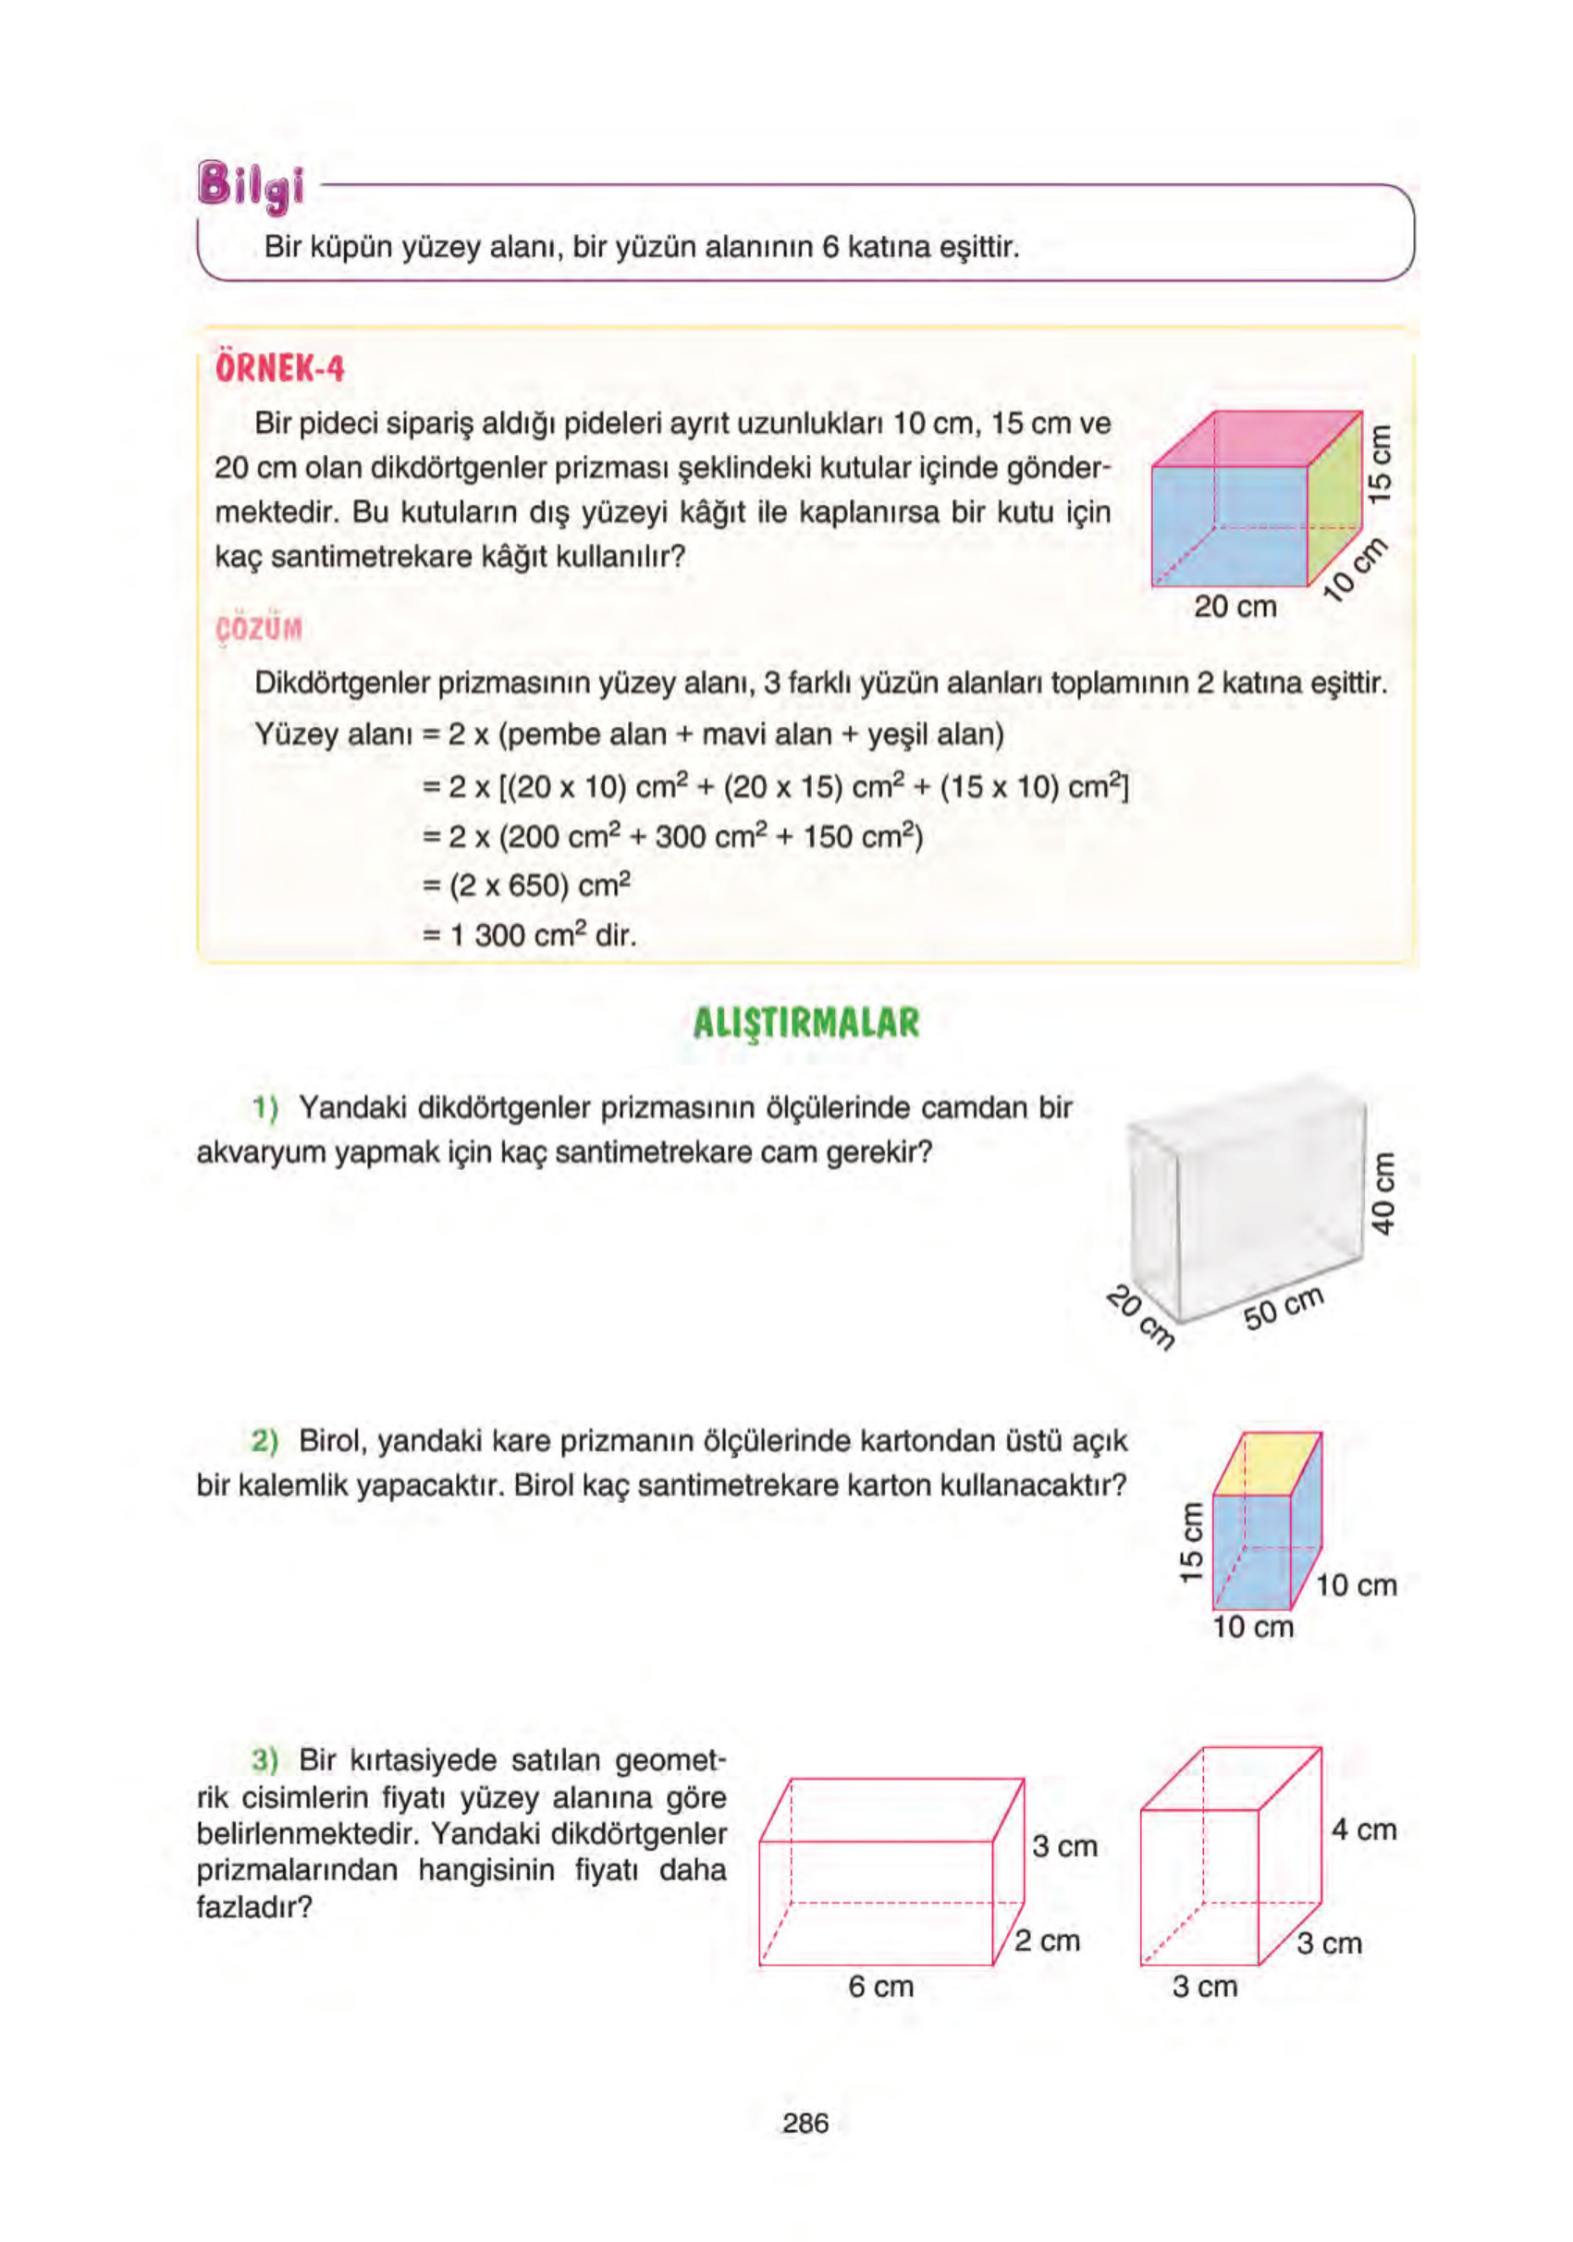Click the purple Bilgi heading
click(250, 187)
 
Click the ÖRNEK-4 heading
click(279, 369)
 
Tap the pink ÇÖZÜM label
click(258, 629)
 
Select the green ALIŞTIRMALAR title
click(805, 1022)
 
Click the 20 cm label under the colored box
click(1235, 607)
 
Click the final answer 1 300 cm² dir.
click(528, 935)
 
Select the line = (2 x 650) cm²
click(526, 886)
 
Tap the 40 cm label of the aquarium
click(1383, 1192)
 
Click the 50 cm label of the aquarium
click(1283, 1308)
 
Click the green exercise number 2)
click(264, 1441)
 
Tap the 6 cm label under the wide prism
click(879, 1986)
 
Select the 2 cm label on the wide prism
click(1047, 1940)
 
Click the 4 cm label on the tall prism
click(1363, 1829)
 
